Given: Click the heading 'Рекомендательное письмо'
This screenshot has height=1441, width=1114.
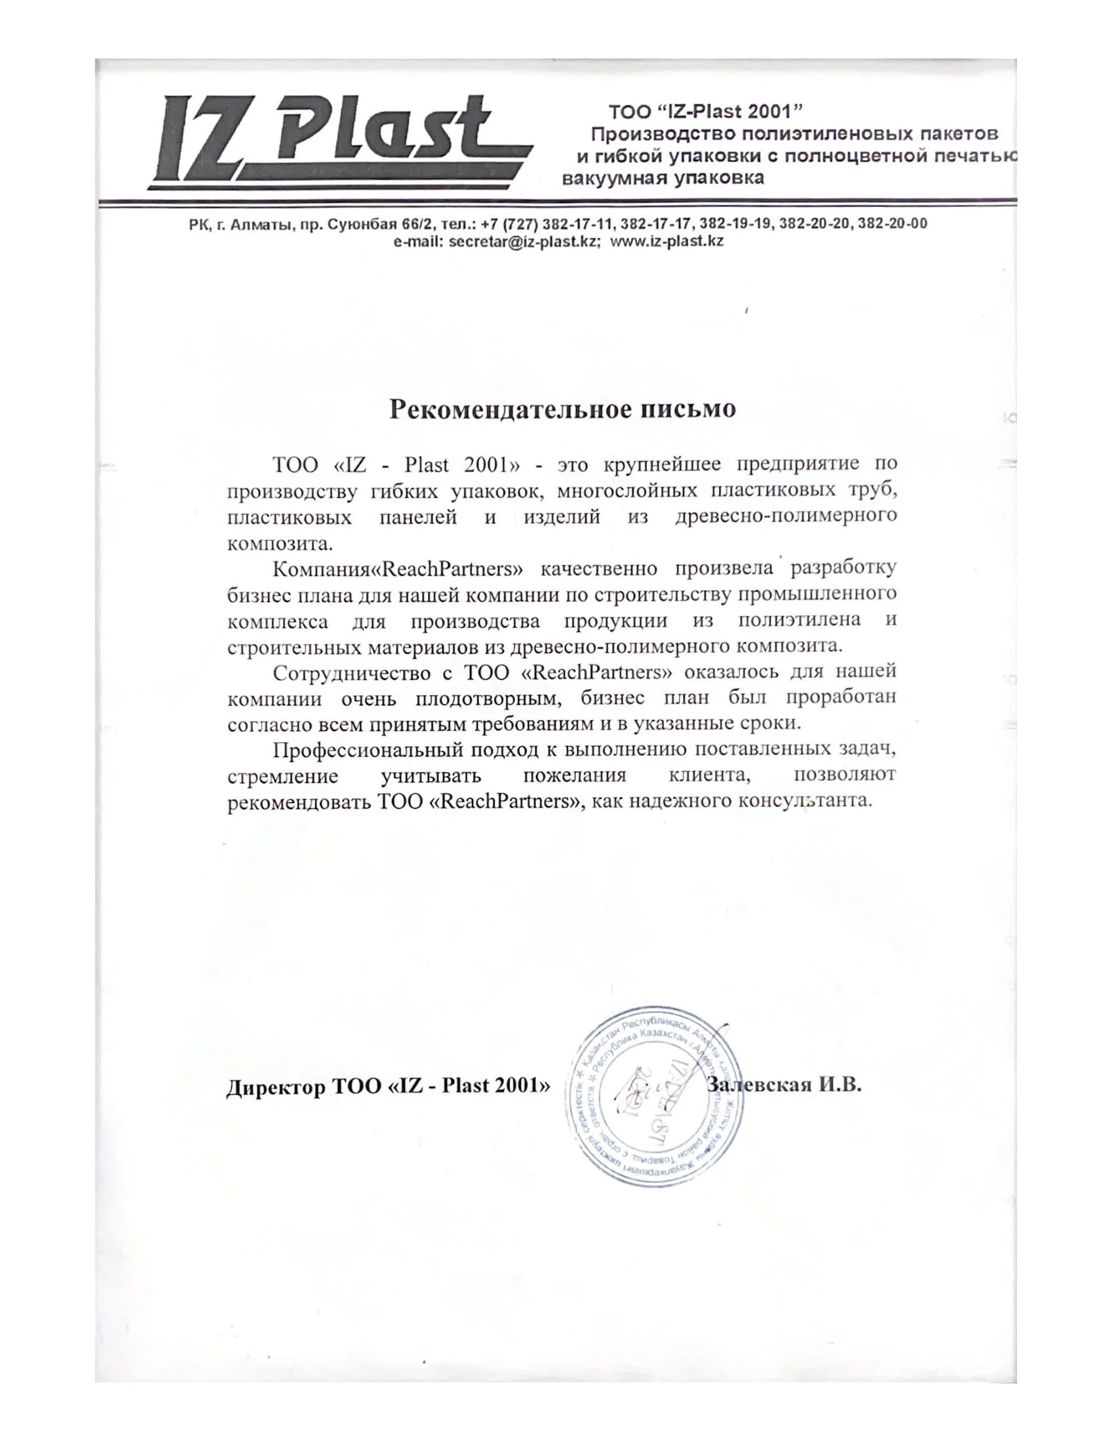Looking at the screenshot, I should (x=562, y=409).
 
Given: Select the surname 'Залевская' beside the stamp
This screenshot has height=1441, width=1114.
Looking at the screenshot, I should (x=759, y=1085).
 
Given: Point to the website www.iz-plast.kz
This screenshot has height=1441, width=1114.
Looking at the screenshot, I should (x=666, y=241).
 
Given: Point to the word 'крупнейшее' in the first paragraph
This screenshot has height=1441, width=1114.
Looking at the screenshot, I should (x=662, y=464).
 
